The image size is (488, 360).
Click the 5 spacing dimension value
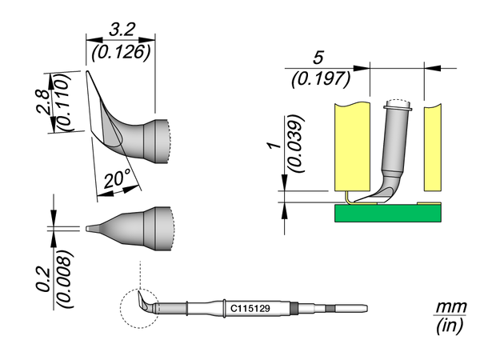point(318,58)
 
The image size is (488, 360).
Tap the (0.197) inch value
point(318,78)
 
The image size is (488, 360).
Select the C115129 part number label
point(250,307)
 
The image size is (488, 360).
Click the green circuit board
point(386,212)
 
